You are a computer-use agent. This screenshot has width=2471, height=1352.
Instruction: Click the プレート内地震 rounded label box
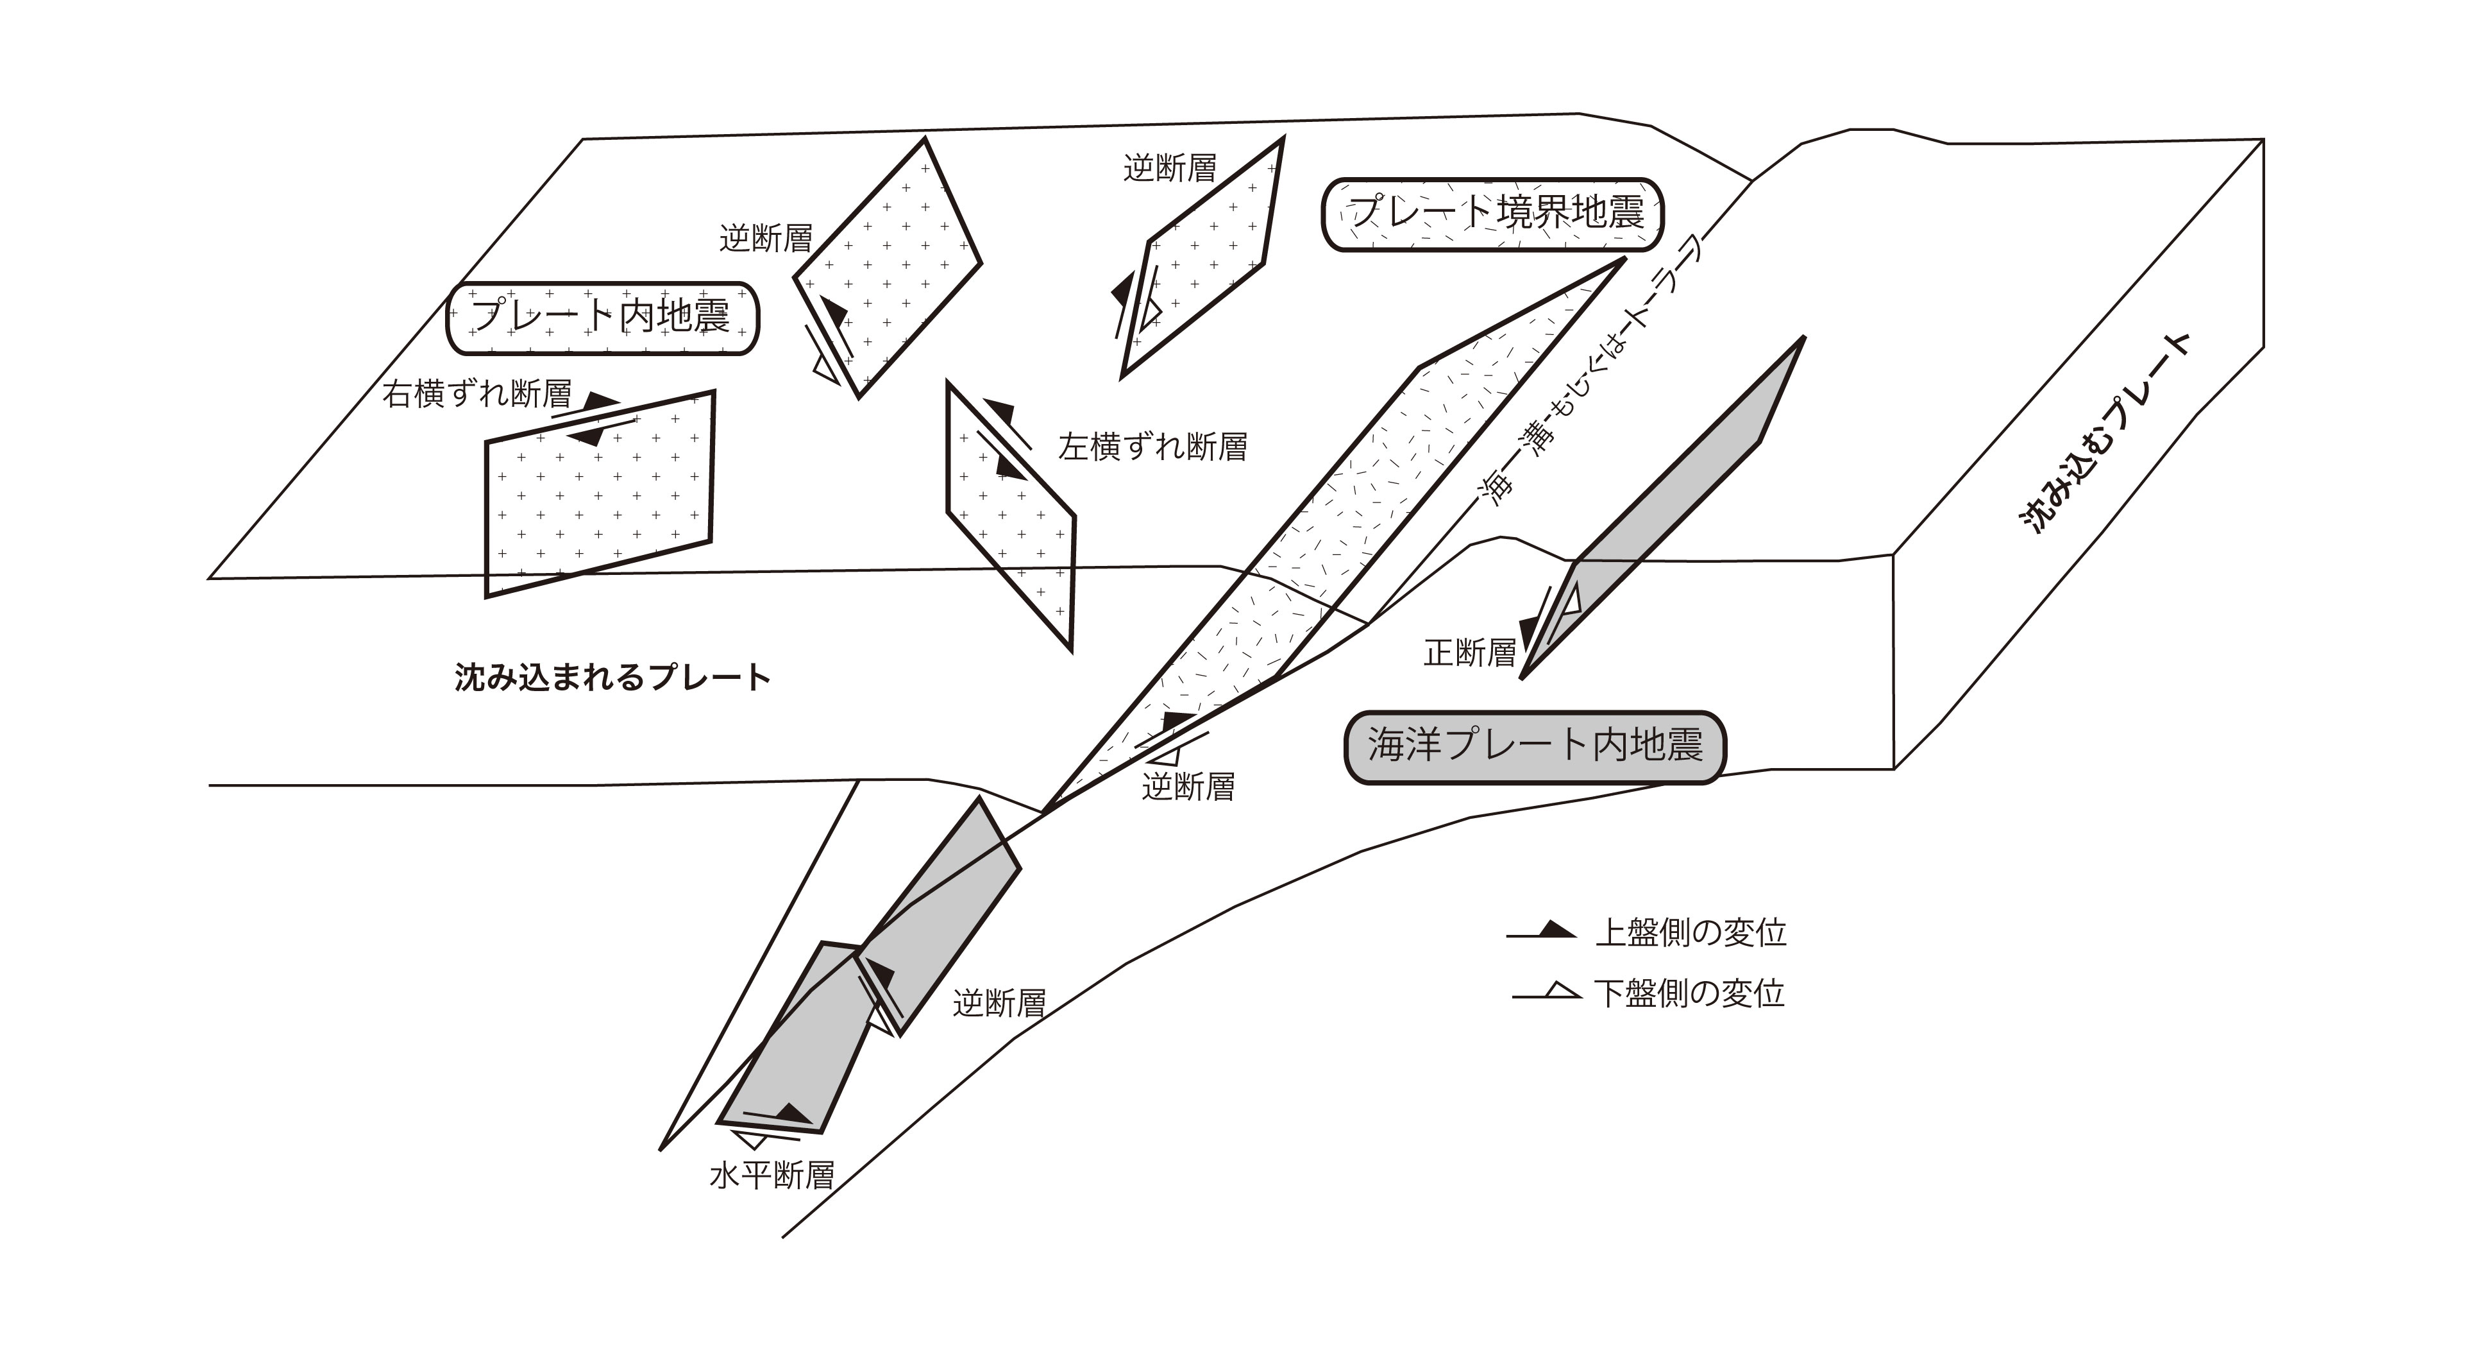tap(602, 318)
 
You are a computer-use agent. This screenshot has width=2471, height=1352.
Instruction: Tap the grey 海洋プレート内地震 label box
tap(1535, 746)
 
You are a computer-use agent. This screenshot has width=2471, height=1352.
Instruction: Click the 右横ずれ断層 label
tap(476, 393)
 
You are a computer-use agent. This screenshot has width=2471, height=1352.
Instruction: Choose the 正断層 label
tap(1469, 653)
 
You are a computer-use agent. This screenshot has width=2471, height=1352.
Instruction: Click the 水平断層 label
tap(772, 1176)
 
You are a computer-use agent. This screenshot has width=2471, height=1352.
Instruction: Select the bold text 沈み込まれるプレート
tap(612, 678)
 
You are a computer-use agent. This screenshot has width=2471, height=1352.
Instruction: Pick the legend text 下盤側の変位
tap(1689, 994)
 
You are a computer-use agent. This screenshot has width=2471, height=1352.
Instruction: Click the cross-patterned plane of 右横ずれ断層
tap(600, 494)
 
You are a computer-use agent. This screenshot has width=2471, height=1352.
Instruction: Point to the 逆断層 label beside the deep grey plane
tap(999, 1004)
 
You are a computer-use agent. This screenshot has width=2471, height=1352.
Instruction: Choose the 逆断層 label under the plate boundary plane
tap(1188, 787)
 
